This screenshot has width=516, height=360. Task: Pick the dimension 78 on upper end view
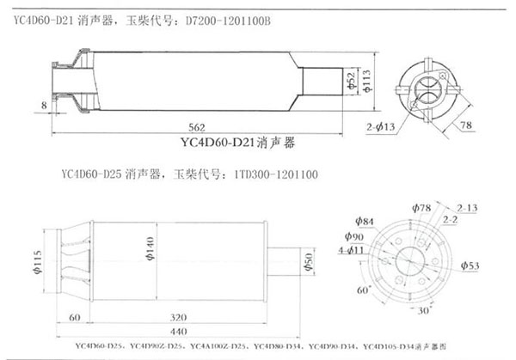(x=465, y=125)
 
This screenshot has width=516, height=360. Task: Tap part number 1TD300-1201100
(x=275, y=174)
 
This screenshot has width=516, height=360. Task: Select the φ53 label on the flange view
(x=469, y=266)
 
